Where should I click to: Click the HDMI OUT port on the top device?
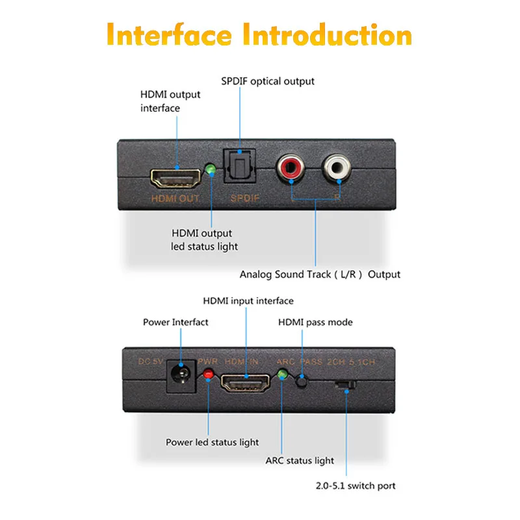[x=175, y=177]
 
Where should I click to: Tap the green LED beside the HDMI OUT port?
[x=210, y=170]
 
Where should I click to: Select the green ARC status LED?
[x=283, y=375]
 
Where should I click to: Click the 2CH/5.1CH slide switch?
[x=344, y=385]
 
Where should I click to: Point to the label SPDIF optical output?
[x=267, y=81]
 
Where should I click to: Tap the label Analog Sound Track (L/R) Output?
[x=320, y=274]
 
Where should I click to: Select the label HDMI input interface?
[x=248, y=301]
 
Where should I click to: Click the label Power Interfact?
[x=175, y=322]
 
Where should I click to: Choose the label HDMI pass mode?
[x=315, y=322]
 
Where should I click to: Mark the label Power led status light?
[x=212, y=443]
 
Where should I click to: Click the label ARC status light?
[x=300, y=461]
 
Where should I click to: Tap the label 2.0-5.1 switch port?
[x=356, y=486]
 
